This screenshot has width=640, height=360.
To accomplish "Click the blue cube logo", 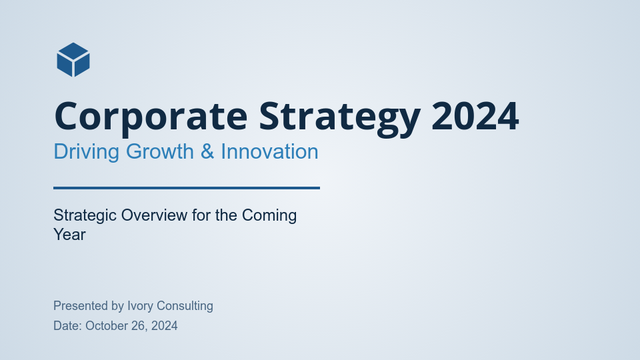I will (x=73, y=60).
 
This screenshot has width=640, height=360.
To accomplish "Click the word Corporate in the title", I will (x=151, y=116).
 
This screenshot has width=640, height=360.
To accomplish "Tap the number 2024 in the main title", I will (x=475, y=116).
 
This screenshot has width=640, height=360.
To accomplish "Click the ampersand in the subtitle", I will (x=207, y=151).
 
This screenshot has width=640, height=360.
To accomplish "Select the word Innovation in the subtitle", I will (x=269, y=151).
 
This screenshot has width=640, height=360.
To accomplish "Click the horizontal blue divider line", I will (x=187, y=188).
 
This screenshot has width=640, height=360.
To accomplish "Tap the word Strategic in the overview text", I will (x=85, y=215).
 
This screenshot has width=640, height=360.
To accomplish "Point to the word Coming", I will (x=269, y=215).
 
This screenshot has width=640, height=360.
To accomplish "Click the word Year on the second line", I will (x=69, y=235).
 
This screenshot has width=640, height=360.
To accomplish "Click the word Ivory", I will (x=141, y=306).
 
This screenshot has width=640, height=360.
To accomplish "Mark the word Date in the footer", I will (x=67, y=326).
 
